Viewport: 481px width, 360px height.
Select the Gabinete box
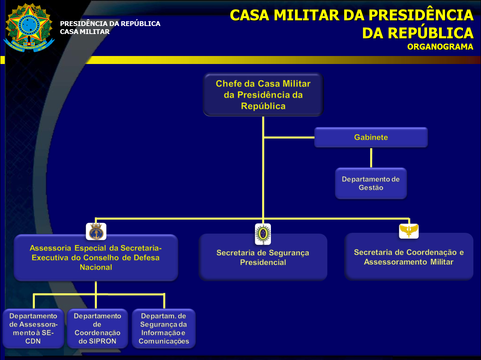coord(371,138)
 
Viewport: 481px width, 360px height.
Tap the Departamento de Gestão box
coord(371,184)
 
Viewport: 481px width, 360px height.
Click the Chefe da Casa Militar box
coord(263,95)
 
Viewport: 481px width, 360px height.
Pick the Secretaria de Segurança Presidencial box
coord(263,258)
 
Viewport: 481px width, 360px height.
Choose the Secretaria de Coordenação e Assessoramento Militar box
coord(409,257)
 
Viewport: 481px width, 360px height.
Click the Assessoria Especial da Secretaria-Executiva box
coord(96,258)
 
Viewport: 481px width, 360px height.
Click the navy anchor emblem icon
coord(96,232)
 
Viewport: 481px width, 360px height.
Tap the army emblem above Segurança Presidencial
coord(263,234)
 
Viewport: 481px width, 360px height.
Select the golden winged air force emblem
coord(409,231)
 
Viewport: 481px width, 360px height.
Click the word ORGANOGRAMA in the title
coord(440,47)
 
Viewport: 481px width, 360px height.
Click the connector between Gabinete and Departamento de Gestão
coord(371,158)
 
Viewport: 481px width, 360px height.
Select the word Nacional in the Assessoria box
coord(96,267)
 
